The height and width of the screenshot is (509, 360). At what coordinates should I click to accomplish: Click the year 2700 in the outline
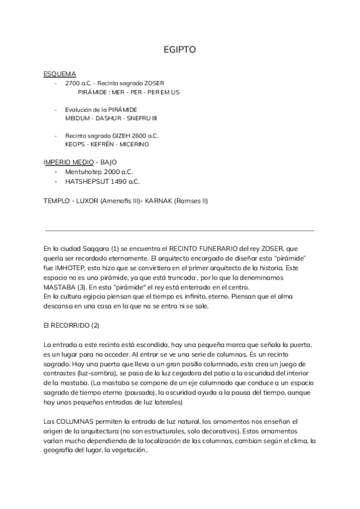coord(73,83)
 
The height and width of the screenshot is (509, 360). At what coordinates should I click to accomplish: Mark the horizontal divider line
coord(179,229)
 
